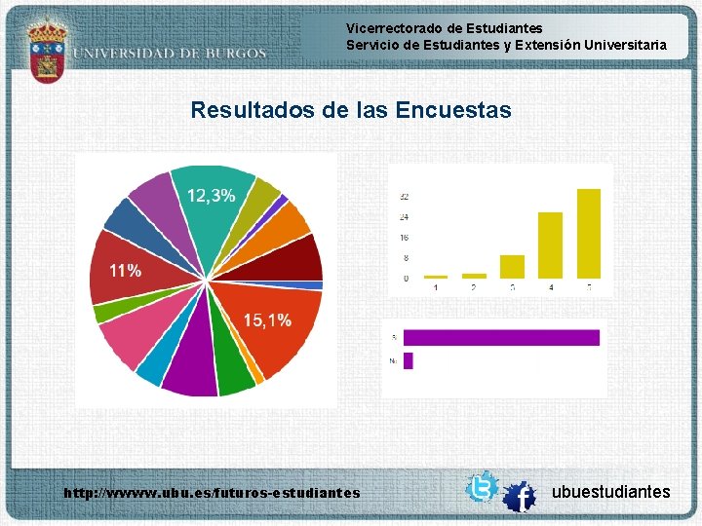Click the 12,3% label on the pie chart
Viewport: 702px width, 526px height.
[211, 196]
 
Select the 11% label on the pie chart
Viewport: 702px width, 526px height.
[124, 271]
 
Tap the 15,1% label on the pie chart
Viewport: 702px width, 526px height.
[266, 320]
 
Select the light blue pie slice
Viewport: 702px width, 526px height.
[153, 366]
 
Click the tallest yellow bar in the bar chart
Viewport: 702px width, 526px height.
[588, 233]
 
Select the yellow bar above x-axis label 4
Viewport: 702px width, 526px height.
[550, 244]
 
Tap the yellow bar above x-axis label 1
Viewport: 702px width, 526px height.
[436, 277]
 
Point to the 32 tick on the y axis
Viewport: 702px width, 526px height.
[403, 197]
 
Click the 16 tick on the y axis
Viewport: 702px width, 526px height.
[403, 238]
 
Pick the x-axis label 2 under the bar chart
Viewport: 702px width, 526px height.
[474, 287]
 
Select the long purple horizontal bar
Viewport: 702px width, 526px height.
[500, 338]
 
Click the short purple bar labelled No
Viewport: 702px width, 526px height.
[408, 360]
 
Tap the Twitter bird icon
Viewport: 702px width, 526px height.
[482, 487]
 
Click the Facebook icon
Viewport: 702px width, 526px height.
[520, 498]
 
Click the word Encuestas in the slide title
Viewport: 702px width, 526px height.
[453, 110]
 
